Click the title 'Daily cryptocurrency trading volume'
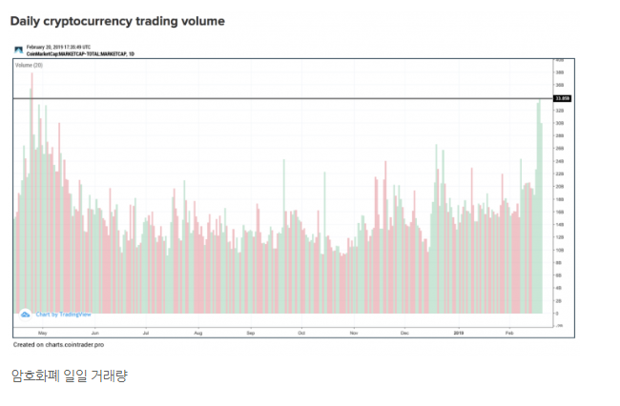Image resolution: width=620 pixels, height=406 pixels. (x=117, y=19)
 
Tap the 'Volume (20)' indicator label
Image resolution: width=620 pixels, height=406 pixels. (x=30, y=65)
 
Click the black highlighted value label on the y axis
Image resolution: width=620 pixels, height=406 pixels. (x=561, y=98)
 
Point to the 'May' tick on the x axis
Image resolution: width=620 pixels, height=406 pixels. (x=42, y=332)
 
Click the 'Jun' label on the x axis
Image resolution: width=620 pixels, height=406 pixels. (x=93, y=332)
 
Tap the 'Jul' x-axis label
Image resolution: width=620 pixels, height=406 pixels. (x=145, y=332)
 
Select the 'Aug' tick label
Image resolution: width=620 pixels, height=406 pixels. (x=197, y=332)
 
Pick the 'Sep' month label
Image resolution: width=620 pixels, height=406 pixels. (x=250, y=332)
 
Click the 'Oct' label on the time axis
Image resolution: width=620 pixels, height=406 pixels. (x=300, y=332)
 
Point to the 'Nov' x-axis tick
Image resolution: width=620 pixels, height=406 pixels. (x=353, y=332)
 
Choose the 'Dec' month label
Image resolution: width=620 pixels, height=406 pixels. (x=404, y=332)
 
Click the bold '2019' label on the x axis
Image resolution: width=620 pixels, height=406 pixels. (x=458, y=332)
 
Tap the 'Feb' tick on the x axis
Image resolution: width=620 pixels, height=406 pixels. (x=509, y=332)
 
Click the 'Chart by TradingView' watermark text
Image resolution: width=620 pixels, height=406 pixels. (x=63, y=314)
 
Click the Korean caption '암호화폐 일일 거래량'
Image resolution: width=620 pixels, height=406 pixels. (x=69, y=376)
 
